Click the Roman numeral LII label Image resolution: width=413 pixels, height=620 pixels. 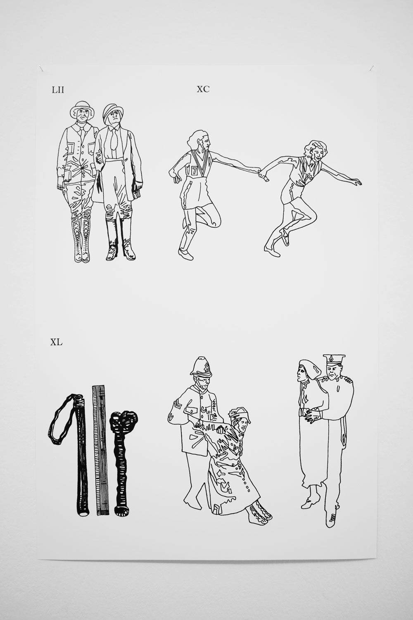[x=58, y=90]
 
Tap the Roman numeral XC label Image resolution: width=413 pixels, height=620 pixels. [x=203, y=89]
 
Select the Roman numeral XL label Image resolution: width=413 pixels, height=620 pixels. [x=56, y=342]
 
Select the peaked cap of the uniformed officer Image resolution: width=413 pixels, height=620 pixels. [x=334, y=360]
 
